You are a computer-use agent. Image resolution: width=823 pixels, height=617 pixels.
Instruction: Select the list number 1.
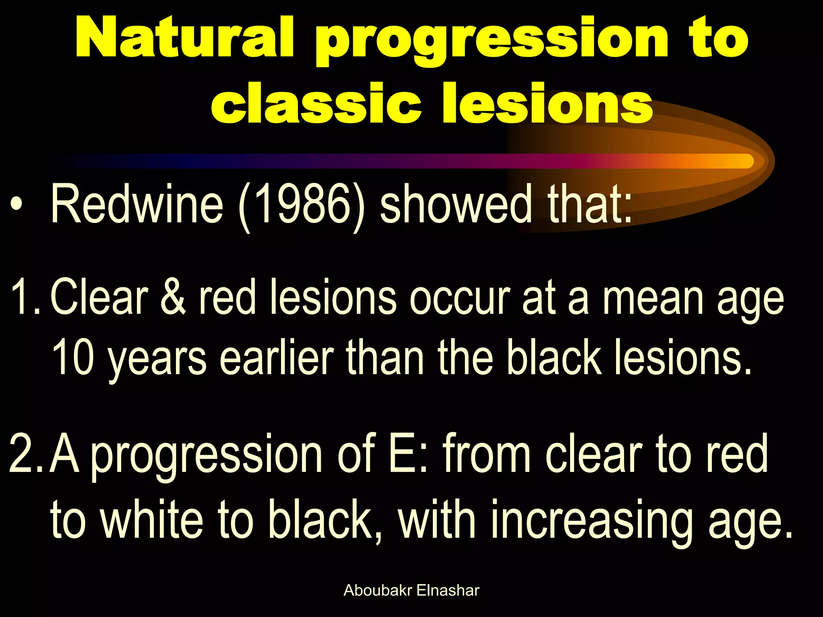(24, 297)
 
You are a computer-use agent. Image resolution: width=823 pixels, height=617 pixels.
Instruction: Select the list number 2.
(24, 454)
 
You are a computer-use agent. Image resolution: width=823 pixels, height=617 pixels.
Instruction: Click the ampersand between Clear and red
(173, 297)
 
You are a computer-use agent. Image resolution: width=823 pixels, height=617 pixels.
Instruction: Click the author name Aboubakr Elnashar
(411, 590)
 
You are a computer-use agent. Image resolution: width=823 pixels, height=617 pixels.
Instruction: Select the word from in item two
(487, 454)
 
